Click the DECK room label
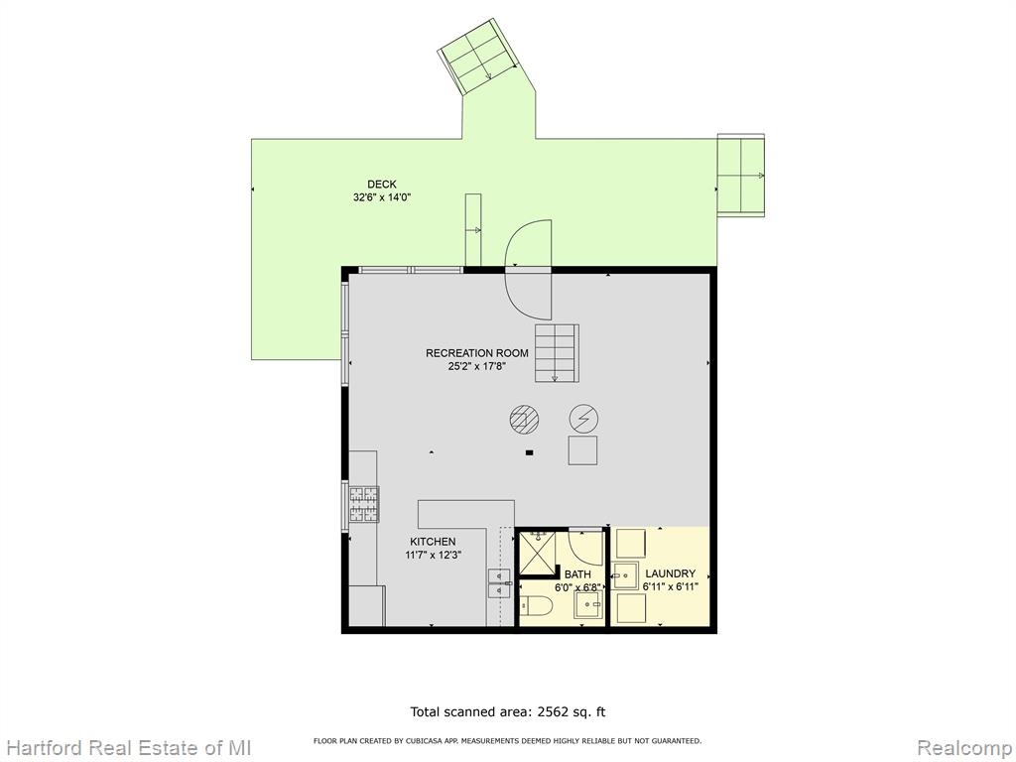click(382, 185)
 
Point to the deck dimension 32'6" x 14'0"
click(382, 197)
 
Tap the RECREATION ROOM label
click(477, 353)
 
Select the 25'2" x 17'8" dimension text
click(477, 366)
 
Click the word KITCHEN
click(433, 542)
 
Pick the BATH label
click(577, 574)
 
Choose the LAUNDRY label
click(671, 574)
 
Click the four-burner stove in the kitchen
click(364, 504)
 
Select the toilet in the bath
click(536, 606)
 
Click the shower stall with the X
click(537, 555)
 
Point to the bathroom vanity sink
click(589, 604)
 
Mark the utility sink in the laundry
click(626, 575)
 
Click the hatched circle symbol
click(524, 419)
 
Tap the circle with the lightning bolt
click(583, 420)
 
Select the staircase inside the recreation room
click(556, 353)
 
